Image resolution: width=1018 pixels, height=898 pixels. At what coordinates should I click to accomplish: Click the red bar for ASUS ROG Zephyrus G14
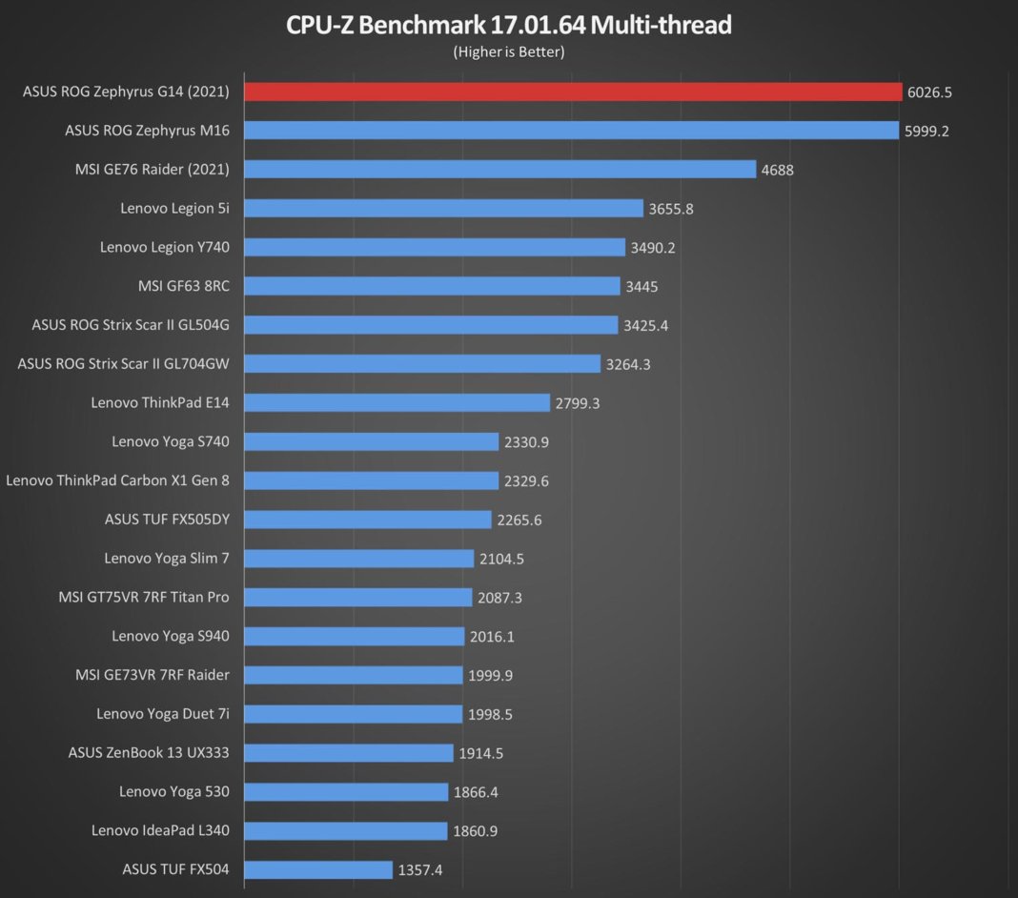(572, 92)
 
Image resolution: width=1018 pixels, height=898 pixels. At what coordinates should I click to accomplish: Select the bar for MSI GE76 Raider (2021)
(500, 170)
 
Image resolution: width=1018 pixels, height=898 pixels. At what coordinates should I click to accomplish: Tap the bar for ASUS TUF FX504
(318, 869)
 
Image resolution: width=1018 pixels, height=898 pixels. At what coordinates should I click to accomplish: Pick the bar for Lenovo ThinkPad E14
(397, 402)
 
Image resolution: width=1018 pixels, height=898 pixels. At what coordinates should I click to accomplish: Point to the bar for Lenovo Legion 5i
(443, 208)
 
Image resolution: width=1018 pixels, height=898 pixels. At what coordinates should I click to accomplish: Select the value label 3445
(641, 286)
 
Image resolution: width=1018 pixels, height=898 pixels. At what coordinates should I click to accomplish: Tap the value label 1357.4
(420, 869)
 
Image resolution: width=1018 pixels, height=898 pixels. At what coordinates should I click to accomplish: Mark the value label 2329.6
(526, 480)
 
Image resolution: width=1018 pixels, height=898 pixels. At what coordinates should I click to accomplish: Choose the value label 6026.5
(929, 92)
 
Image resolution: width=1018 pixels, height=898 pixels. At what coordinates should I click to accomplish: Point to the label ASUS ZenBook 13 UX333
(149, 753)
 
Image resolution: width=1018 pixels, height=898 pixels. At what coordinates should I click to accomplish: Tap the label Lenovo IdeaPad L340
(160, 830)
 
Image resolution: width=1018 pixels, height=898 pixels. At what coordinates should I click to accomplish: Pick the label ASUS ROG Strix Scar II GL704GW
(124, 364)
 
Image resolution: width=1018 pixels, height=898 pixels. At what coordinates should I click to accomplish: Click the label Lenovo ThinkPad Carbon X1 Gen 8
(117, 480)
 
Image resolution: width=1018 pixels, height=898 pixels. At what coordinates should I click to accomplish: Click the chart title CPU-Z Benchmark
(509, 25)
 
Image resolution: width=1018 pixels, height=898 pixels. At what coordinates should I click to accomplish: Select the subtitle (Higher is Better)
(509, 51)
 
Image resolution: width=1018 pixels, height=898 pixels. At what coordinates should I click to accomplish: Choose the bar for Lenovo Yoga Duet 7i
(354, 714)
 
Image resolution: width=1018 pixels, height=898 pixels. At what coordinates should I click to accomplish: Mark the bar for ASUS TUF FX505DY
(368, 520)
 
